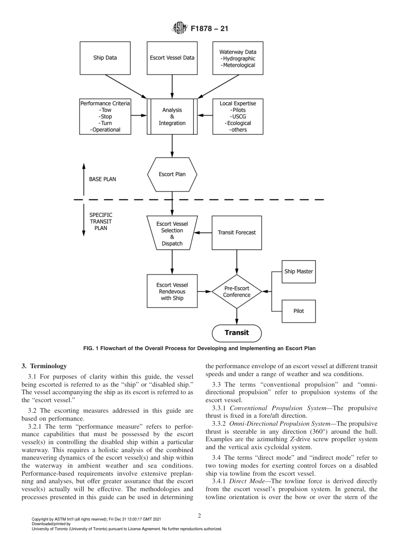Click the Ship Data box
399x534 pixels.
[105, 58]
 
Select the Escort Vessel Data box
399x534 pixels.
[172, 58]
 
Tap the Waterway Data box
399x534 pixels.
[238, 58]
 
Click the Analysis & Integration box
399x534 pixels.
[172, 117]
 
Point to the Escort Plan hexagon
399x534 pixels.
[172, 174]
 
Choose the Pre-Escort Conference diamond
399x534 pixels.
[236, 291]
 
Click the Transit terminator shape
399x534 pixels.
[236, 333]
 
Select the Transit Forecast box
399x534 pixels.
[236, 233]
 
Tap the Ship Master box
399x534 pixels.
[299, 271]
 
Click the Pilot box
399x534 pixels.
[299, 311]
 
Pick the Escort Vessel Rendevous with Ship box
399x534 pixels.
[172, 291]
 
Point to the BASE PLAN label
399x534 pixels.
[102, 179]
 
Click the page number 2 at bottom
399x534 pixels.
[199, 516]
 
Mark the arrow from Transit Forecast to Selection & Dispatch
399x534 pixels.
[204, 233]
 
